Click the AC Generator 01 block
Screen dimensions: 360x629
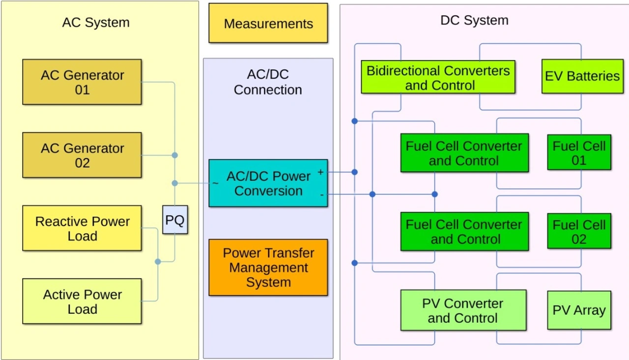click(x=82, y=82)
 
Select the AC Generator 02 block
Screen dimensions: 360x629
click(x=82, y=155)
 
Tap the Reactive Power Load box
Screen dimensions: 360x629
click(x=82, y=228)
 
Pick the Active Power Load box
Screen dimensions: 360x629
click(x=82, y=302)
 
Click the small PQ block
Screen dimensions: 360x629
click(x=175, y=221)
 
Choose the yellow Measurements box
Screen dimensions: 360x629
click(x=268, y=24)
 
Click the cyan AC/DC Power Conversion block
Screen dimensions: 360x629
click(x=268, y=183)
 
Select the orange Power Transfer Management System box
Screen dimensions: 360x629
click(x=268, y=268)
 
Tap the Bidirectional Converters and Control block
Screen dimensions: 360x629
click(x=438, y=77)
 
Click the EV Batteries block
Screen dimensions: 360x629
click(x=582, y=77)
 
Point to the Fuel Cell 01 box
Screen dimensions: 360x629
click(x=579, y=153)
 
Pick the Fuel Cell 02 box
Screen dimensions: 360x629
click(x=579, y=232)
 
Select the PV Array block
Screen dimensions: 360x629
click(x=579, y=310)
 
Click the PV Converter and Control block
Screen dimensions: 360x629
click(x=463, y=310)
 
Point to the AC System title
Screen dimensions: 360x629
click(x=96, y=23)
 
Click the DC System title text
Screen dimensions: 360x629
click(x=474, y=21)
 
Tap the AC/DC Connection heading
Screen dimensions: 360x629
click(x=268, y=82)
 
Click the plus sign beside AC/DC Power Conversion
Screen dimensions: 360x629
click(x=321, y=172)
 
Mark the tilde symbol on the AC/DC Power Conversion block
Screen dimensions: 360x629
click(x=215, y=184)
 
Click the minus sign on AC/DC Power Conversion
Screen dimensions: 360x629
click(x=321, y=195)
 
